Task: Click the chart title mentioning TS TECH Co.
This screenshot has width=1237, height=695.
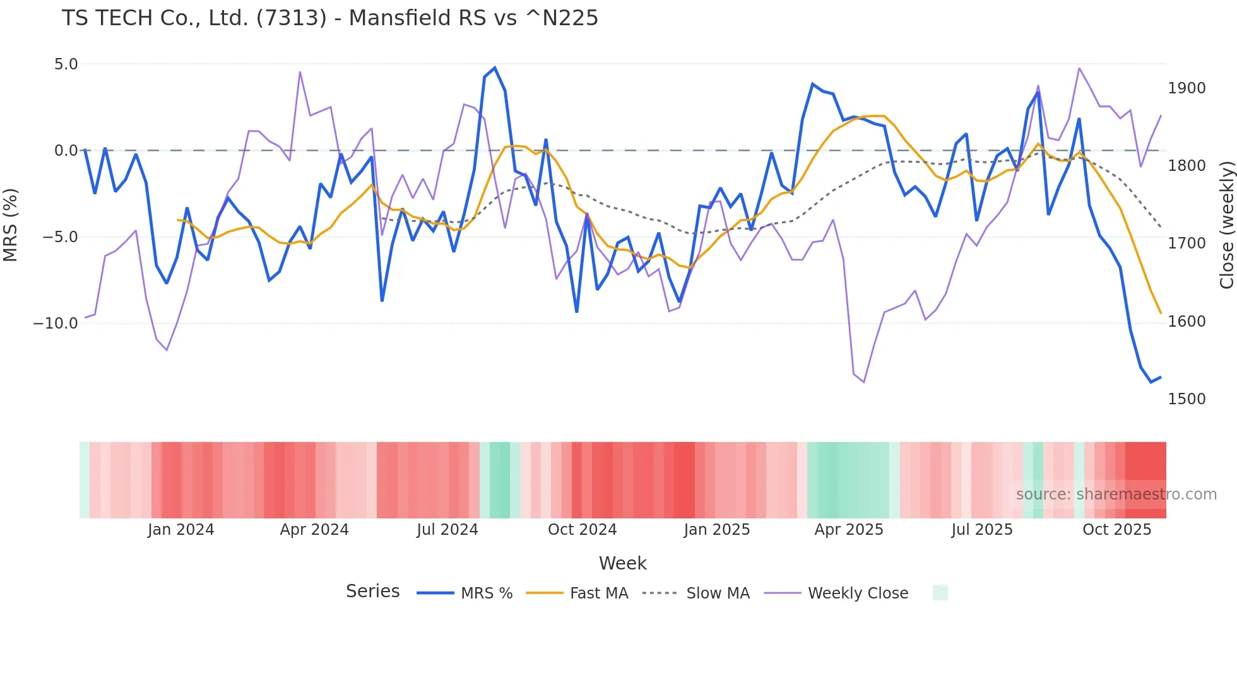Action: coord(329,18)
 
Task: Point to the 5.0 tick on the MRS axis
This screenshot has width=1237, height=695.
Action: coord(66,64)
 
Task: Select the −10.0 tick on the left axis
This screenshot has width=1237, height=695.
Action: coord(56,324)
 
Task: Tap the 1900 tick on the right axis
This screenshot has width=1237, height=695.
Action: coord(1187,88)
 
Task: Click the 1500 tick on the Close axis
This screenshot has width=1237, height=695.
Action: coord(1187,399)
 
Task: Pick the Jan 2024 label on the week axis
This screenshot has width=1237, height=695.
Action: coord(181,530)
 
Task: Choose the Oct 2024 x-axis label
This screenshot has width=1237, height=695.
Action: coord(582,530)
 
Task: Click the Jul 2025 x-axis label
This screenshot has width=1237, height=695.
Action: coord(981,530)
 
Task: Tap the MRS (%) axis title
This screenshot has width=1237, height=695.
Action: coord(11,225)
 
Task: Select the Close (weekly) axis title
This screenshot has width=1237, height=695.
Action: coord(1226,225)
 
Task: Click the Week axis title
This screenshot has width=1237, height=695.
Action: coord(622,563)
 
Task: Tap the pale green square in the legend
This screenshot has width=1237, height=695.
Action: coord(940,593)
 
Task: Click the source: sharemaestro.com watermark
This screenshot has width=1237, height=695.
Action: coord(1116,494)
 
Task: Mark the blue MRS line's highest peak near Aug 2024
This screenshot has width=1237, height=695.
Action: coord(495,68)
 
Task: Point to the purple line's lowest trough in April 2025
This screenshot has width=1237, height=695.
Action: coord(863,382)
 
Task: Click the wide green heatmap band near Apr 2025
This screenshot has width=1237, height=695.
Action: coord(848,480)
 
